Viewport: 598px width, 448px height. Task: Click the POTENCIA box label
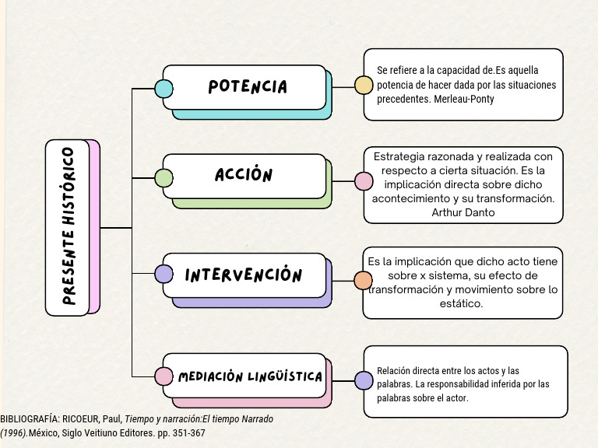point(248,86)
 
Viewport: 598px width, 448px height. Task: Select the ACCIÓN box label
point(244,175)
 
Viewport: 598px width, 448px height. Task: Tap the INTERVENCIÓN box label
point(244,275)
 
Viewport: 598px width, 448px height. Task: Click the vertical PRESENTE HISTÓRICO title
point(69,227)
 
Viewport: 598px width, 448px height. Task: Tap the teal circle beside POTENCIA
point(164,88)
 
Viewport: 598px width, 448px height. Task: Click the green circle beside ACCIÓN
point(164,177)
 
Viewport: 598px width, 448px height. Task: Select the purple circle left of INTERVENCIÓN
point(164,274)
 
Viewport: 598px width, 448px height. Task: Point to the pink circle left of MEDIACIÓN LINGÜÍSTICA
point(164,376)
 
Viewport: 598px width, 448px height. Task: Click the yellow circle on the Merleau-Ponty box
point(364,85)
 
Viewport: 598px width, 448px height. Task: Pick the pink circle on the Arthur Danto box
point(364,181)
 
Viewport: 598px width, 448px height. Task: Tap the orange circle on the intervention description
point(364,281)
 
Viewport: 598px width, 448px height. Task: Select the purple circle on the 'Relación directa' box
point(364,380)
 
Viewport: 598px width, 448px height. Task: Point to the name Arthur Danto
point(463,212)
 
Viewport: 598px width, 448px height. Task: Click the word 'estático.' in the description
point(462,304)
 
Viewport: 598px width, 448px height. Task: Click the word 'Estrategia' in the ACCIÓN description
point(400,156)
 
